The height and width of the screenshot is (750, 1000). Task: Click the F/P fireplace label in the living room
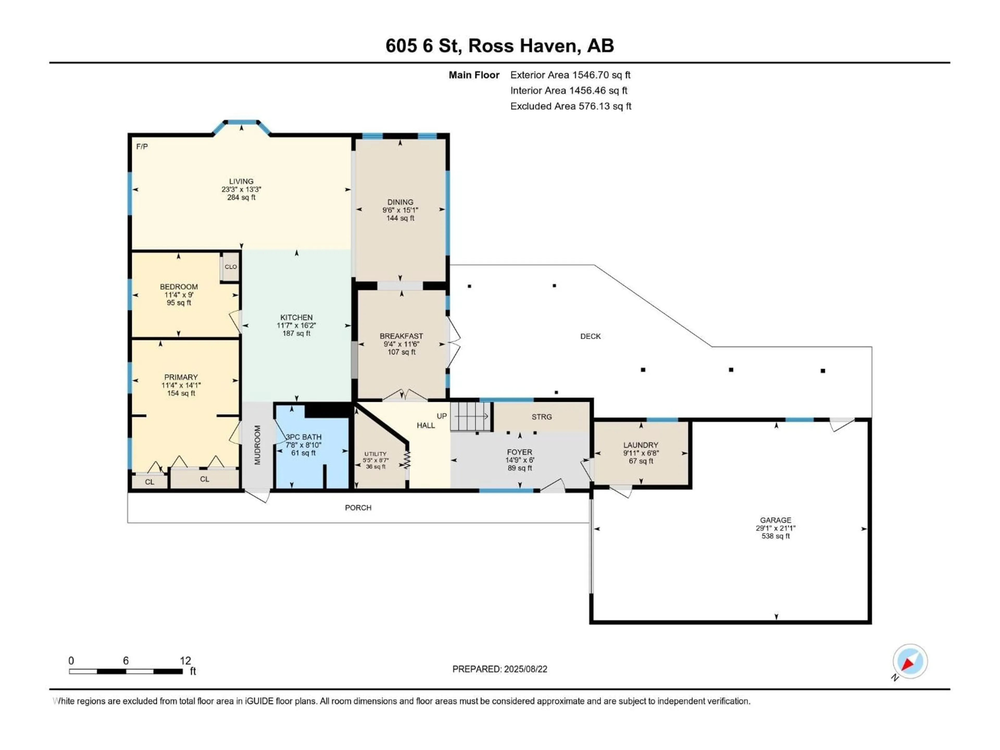click(142, 146)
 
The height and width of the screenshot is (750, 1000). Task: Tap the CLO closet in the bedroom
click(230, 267)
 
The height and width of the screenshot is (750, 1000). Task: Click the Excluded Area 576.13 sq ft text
click(571, 106)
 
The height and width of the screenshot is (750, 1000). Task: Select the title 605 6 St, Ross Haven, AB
click(499, 46)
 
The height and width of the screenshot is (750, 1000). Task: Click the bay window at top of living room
click(242, 122)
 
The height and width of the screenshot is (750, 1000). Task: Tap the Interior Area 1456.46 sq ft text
click(569, 90)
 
